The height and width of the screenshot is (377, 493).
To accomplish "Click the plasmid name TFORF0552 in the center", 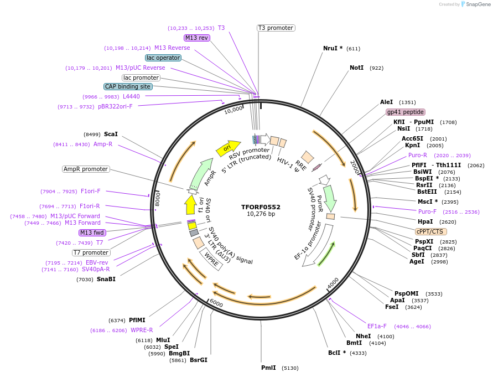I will click(261, 207).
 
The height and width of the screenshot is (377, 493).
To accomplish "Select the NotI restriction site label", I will click(356, 68).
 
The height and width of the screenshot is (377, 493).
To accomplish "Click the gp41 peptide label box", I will click(405, 112).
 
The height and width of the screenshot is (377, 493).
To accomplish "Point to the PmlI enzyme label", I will click(268, 368).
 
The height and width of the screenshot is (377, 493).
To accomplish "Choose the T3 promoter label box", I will click(276, 28).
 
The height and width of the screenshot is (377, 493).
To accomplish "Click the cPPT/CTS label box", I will click(431, 231).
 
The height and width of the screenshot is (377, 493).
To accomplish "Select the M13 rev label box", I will click(197, 38).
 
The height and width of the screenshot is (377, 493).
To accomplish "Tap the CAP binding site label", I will click(127, 87).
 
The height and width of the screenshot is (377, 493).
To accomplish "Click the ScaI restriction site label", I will click(111, 134).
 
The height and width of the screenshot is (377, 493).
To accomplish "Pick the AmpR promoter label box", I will click(86, 169).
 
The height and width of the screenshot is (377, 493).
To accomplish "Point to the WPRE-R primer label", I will click(142, 330).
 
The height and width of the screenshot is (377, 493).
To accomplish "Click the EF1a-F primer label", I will click(377, 326).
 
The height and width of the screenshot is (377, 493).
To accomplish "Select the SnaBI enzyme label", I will click(106, 280).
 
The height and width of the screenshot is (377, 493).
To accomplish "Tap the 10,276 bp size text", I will click(261, 214).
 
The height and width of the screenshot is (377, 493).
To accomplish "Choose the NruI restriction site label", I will click(333, 48).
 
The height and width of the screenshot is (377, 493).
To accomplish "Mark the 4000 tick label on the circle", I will click(333, 283).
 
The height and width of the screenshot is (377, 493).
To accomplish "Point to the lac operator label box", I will click(163, 58).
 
